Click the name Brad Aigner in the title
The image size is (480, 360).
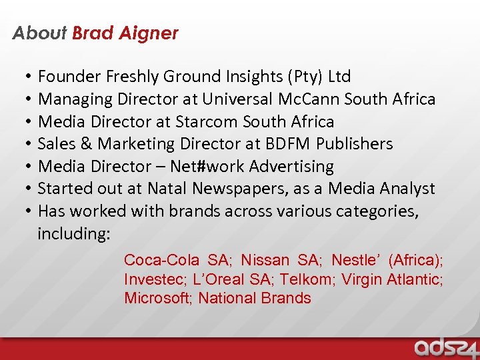pyautogui.click(x=125, y=33)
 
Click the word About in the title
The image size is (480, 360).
pyautogui.click(x=39, y=33)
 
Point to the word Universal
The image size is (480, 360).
pyautogui.click(x=237, y=99)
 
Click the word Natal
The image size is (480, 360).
pyautogui.click(x=167, y=189)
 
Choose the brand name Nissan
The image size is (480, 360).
pyautogui.click(x=265, y=260)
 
